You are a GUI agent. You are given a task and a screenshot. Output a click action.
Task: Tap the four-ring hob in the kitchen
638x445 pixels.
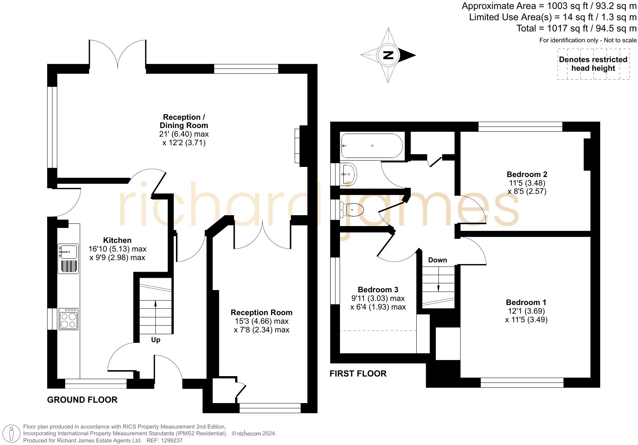(x=69, y=319)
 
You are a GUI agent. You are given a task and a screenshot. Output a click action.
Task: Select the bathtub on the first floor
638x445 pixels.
(x=371, y=146)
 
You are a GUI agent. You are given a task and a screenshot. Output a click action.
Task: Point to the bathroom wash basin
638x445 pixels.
(x=349, y=174)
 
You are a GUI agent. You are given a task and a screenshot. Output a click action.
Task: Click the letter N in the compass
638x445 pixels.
(x=388, y=55)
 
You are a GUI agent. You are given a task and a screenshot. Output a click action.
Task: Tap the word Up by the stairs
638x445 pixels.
(x=155, y=340)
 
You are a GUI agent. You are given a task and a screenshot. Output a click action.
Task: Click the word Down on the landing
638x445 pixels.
(x=437, y=260)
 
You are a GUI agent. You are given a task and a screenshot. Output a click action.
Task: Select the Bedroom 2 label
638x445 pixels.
(x=527, y=174)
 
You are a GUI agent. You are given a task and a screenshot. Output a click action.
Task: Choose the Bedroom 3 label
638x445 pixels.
(x=378, y=290)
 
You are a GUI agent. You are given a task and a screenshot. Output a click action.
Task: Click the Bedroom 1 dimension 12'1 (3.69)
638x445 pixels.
(x=526, y=311)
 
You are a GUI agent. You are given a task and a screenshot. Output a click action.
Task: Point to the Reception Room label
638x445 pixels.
(x=261, y=313)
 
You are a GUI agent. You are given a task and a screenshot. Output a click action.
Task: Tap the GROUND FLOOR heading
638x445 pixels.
(x=82, y=400)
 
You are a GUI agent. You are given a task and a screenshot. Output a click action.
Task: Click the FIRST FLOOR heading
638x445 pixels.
(x=358, y=374)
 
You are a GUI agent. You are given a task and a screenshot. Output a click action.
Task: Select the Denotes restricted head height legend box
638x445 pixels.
(x=593, y=64)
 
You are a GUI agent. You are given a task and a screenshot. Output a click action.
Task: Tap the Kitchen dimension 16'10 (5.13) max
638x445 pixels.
(x=117, y=249)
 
